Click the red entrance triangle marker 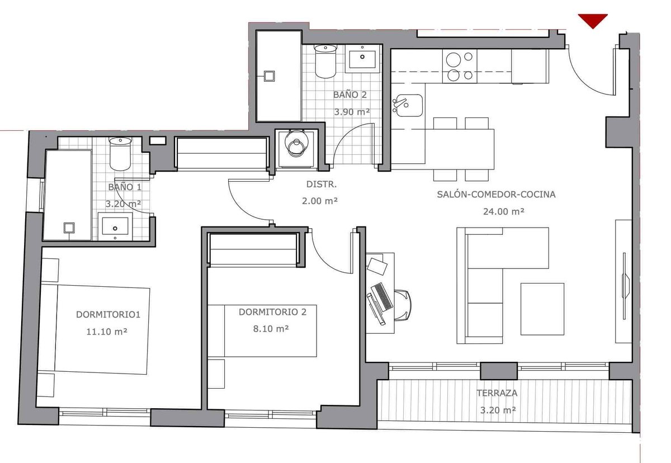(593, 21)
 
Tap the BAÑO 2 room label (350, 95)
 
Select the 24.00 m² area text (504, 211)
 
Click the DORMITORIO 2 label (272, 312)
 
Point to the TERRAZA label (497, 393)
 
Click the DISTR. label (321, 185)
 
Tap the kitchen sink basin (408, 106)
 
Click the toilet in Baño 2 (325, 62)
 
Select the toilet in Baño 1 (120, 154)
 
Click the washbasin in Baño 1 (115, 226)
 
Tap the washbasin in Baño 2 (362, 59)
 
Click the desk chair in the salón (403, 305)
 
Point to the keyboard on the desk (382, 297)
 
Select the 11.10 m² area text (107, 332)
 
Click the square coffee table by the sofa (542, 309)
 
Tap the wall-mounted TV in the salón (624, 286)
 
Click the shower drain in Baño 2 (270, 76)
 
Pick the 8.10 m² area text (271, 329)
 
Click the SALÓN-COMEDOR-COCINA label (496, 195)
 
